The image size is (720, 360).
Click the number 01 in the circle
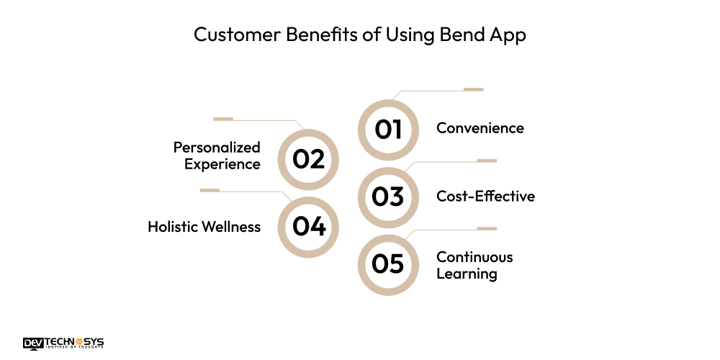click(388, 130)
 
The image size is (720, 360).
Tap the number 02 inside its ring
click(309, 159)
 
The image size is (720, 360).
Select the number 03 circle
click(388, 197)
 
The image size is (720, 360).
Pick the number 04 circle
click(309, 227)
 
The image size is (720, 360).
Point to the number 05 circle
click(388, 264)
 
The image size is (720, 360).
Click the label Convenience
click(480, 128)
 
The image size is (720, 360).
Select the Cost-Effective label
click(485, 196)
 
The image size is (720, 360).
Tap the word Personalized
click(217, 147)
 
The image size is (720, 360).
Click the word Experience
click(222, 164)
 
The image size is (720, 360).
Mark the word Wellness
click(232, 227)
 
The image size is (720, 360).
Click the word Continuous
click(474, 256)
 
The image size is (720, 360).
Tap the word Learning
click(467, 274)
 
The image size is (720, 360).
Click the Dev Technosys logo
click(63, 343)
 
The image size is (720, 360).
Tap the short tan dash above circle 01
click(473, 89)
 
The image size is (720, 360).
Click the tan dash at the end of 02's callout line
click(223, 118)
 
